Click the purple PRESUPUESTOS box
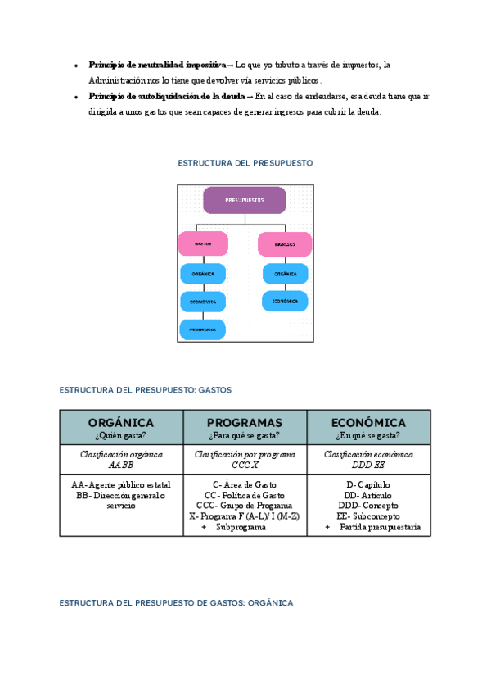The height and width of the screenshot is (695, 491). click(x=244, y=200)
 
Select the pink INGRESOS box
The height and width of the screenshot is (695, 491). click(x=284, y=244)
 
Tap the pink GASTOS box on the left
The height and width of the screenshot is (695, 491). click(x=203, y=243)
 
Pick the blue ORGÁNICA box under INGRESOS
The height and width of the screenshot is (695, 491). click(x=285, y=273)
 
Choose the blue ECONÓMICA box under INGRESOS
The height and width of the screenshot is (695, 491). click(x=285, y=301)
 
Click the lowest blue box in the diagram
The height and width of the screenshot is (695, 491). click(x=203, y=329)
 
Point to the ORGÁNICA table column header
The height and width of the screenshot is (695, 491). click(x=121, y=422)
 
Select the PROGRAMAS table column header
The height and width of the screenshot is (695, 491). click(x=245, y=422)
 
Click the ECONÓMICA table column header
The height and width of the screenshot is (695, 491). click(x=368, y=422)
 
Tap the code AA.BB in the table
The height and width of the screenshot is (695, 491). click(x=121, y=465)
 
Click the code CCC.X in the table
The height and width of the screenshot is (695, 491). click(x=245, y=465)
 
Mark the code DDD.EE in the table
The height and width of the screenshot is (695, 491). click(x=368, y=465)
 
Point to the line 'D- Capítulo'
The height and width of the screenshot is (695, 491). click(x=368, y=485)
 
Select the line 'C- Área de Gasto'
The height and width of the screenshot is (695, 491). click(x=245, y=485)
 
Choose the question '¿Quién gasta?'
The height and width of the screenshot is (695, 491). click(x=121, y=435)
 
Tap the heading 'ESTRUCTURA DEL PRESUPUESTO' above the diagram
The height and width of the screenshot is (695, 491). click(x=245, y=163)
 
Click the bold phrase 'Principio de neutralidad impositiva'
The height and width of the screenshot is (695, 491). click(x=157, y=64)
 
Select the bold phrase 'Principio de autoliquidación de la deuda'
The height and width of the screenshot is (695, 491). click(x=166, y=96)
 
